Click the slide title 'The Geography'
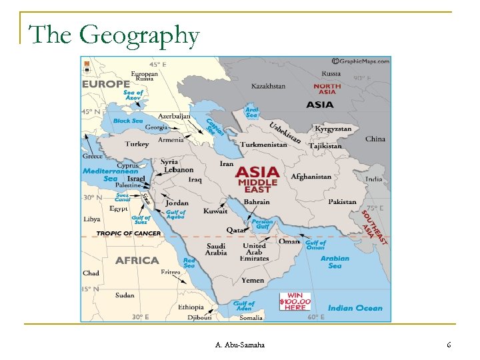(x=114, y=35)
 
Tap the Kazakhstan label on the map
(x=268, y=86)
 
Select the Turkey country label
(x=137, y=144)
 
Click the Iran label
(x=227, y=163)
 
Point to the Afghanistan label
(x=311, y=177)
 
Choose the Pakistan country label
(x=342, y=201)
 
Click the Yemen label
(x=253, y=281)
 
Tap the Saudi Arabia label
(x=216, y=249)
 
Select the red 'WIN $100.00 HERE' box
(x=295, y=302)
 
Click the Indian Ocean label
(x=355, y=308)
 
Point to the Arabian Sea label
(x=335, y=262)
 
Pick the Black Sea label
(x=127, y=121)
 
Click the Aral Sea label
(x=251, y=112)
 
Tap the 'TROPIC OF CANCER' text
(x=128, y=233)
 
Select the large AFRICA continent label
(x=137, y=261)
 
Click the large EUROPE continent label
(x=106, y=84)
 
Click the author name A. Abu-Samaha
(x=240, y=345)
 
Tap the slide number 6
(x=449, y=345)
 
